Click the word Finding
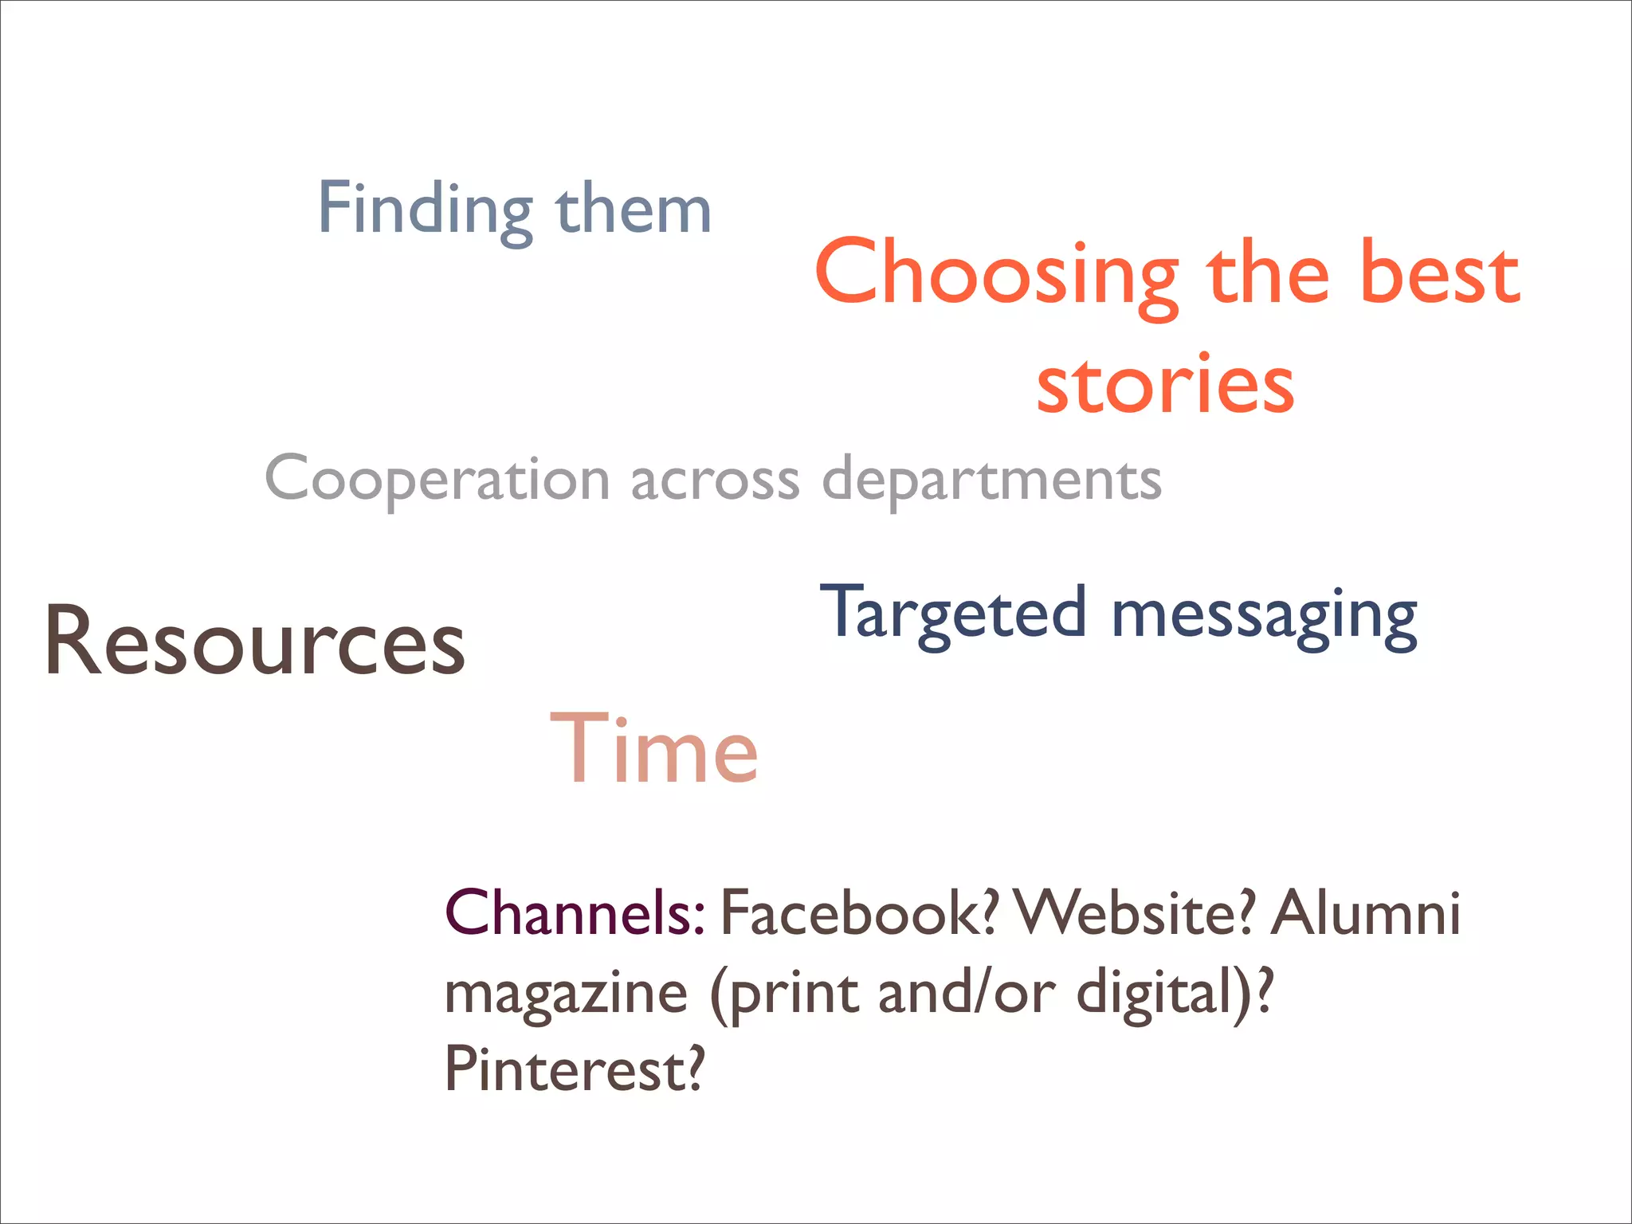pos(425,209)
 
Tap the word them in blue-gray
pos(634,209)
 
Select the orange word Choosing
pos(996,275)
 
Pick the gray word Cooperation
pos(437,481)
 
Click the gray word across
pos(715,481)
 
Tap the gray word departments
pos(991,481)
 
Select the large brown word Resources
pos(255,642)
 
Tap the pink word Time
pos(654,750)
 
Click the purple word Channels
pos(575,913)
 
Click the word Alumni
pos(1366,913)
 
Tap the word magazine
pos(566,994)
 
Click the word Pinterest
pos(574,1070)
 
